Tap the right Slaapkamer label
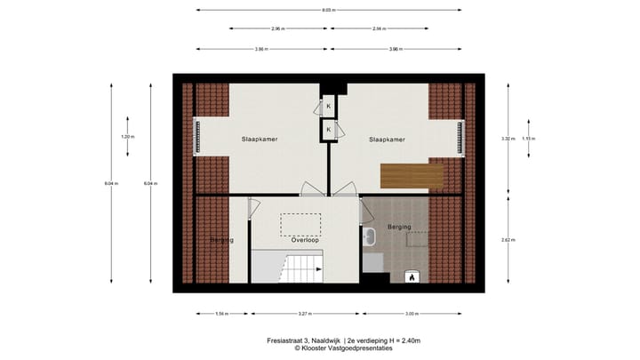387,140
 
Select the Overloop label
305,240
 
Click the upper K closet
328,107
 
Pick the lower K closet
328,130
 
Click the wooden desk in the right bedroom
412,176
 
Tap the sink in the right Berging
371,237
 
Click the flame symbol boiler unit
412,277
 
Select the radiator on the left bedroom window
198,137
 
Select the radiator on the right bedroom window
460,137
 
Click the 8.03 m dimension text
329,10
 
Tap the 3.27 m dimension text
304,313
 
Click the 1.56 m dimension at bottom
221,313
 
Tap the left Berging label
221,240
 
